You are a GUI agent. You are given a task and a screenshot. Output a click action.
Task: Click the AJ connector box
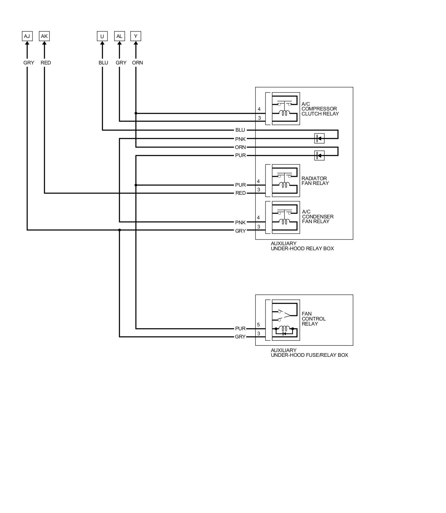[x=27, y=36]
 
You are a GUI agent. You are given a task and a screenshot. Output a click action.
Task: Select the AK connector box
[x=44, y=36]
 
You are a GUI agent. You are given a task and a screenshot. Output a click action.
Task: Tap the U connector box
[x=102, y=36]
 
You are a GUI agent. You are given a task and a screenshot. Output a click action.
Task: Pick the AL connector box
[x=119, y=36]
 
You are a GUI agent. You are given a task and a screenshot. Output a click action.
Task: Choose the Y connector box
[x=136, y=36]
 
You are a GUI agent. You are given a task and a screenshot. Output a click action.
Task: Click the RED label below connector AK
[x=46, y=63]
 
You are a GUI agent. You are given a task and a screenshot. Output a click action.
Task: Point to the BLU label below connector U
[x=103, y=63]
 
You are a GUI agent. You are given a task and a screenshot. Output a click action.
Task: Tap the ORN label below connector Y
[x=137, y=63]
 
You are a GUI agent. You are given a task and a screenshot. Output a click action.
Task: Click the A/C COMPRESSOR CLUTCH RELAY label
[x=320, y=109]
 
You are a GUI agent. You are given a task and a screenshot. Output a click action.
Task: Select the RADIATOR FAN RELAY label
[x=315, y=181]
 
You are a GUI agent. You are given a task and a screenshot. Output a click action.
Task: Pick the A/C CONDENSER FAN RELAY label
[x=317, y=216]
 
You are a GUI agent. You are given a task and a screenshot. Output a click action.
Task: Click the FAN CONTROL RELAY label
[x=314, y=319]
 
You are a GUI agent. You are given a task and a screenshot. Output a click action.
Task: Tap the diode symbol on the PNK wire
[x=319, y=138]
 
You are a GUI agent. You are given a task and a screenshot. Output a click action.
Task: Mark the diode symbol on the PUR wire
[x=319, y=155]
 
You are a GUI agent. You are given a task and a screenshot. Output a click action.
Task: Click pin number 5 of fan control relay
[x=258, y=325]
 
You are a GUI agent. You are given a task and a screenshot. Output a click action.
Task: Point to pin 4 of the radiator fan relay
[x=258, y=181]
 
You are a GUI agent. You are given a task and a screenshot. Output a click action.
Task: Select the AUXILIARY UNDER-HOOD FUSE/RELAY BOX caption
[x=309, y=353]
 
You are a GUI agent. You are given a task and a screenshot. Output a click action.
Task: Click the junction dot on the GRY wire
[x=120, y=230]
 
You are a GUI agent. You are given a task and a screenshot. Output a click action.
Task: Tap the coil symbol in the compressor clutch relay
[x=284, y=113]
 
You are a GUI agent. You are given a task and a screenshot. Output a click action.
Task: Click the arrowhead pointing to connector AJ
[x=27, y=44]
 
